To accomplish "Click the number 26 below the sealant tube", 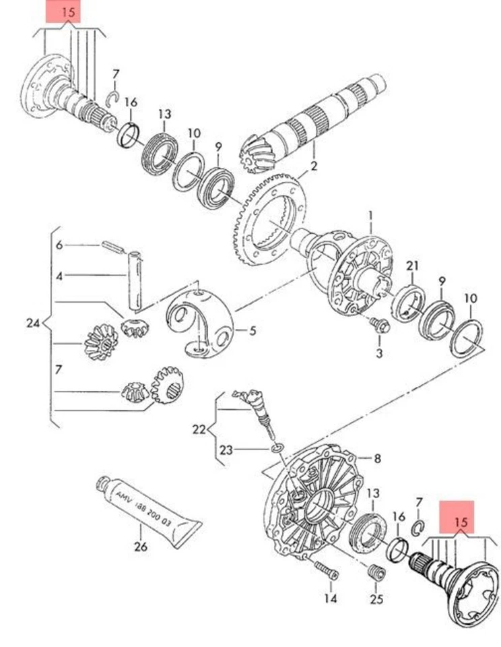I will [x=141, y=547].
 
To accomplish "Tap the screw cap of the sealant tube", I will [x=104, y=483].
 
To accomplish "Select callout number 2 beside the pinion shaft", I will [x=313, y=166].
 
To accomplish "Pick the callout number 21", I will [x=412, y=266].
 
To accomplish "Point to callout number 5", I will [x=253, y=330].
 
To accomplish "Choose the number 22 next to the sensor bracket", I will [x=198, y=429].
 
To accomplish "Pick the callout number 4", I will [x=59, y=276].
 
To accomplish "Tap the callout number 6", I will [x=59, y=245].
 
